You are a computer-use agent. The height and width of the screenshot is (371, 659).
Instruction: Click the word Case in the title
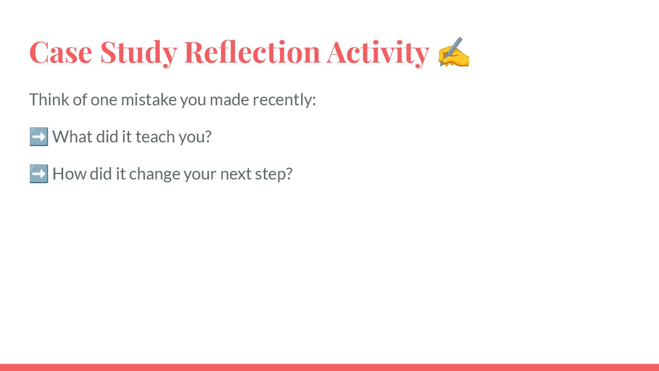pos(60,52)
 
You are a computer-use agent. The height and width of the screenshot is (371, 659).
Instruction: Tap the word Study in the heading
pos(139,53)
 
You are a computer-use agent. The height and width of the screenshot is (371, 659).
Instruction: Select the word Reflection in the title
pos(252,52)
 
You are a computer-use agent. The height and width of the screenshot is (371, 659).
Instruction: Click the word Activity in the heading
pos(378,53)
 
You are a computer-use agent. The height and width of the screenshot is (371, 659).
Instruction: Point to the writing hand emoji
pos(454,52)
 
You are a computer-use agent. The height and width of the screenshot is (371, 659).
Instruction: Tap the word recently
pos(284,100)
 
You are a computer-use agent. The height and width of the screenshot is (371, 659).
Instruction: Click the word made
pos(229,99)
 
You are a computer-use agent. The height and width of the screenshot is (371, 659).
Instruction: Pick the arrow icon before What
pos(39,136)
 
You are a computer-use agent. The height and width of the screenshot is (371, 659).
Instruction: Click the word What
pos(72,136)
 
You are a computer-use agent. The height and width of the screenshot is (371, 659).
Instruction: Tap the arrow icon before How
pos(39,174)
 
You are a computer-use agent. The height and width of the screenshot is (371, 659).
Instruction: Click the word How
pos(70,174)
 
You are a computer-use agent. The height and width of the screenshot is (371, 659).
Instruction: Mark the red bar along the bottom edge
pos(329,367)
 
